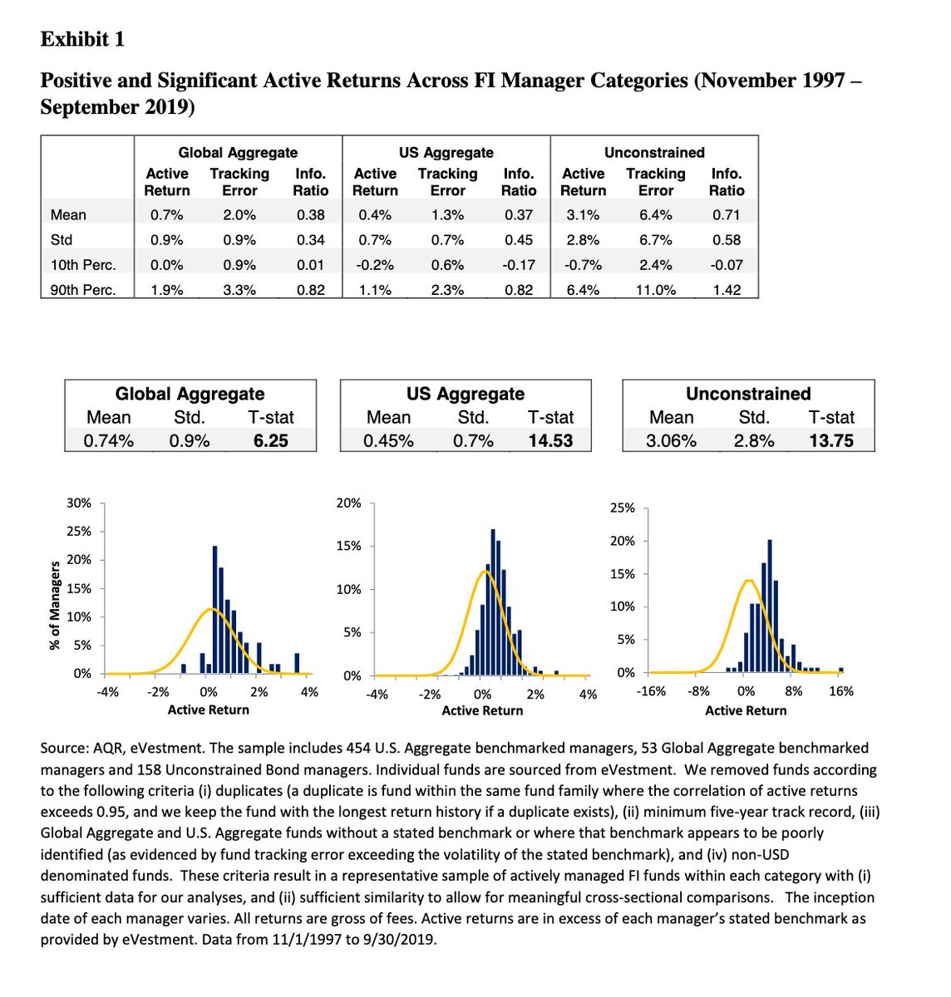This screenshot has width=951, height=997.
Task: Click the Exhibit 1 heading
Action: pyautogui.click(x=82, y=39)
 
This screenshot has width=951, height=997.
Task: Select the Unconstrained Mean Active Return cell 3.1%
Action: pyautogui.click(x=583, y=215)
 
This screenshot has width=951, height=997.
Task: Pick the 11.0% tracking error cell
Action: pyautogui.click(x=655, y=290)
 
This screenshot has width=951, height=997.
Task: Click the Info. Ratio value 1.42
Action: pyautogui.click(x=727, y=290)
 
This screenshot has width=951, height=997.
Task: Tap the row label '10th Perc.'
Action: pyautogui.click(x=82, y=265)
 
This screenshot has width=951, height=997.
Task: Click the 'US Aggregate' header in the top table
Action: pyautogui.click(x=446, y=153)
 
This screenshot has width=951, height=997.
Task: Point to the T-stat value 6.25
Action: pyautogui.click(x=271, y=440)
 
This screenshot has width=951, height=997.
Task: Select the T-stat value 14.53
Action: pyautogui.click(x=550, y=440)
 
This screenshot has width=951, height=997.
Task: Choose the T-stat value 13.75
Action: pyautogui.click(x=831, y=440)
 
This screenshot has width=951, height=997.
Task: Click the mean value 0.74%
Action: pyautogui.click(x=109, y=440)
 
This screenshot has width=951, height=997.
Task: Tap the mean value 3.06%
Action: pyautogui.click(x=671, y=440)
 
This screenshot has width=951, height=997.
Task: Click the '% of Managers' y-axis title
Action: pyautogui.click(x=55, y=605)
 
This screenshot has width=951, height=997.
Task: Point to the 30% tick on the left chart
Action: pyautogui.click(x=79, y=503)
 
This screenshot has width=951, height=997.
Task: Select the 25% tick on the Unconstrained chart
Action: pyautogui.click(x=623, y=508)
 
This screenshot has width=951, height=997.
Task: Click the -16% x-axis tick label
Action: pyautogui.click(x=651, y=691)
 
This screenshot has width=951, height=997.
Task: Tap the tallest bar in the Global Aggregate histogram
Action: pyautogui.click(x=215, y=609)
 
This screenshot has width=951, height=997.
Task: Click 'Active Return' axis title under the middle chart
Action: pyautogui.click(x=482, y=711)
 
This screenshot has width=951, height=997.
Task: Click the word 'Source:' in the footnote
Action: pyautogui.click(x=65, y=748)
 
